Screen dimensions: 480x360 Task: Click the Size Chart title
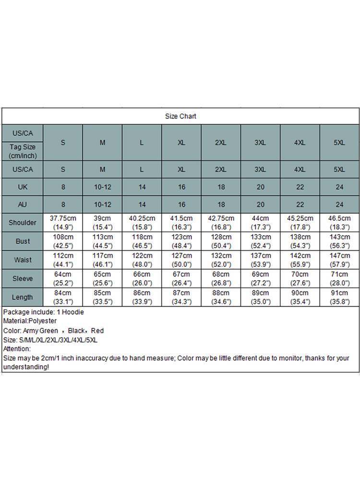tap(180, 116)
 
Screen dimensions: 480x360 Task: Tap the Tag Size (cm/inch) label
tap(22, 151)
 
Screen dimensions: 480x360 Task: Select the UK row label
tap(22, 187)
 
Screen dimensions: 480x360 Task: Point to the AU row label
tap(22, 204)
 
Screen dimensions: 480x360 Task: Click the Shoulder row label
tap(22, 223)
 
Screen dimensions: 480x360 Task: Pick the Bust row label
tap(22, 241)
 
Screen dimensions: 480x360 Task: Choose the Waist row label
tap(22, 260)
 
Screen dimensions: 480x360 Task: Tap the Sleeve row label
tap(22, 278)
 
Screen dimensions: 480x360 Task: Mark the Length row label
tap(22, 297)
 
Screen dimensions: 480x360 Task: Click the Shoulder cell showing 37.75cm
tap(63, 223)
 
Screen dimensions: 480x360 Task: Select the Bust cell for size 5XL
tap(339, 241)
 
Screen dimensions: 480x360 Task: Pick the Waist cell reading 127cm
tap(181, 260)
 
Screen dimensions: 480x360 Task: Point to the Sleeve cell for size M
tap(102, 278)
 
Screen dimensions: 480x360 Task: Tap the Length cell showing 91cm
tap(339, 297)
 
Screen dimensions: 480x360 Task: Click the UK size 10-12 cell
tap(102, 187)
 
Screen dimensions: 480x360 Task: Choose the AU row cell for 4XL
tap(300, 204)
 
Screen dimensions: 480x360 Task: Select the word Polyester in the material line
tap(41, 321)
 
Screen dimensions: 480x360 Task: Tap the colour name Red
tap(97, 331)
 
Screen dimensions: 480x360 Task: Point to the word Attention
tap(16, 349)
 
